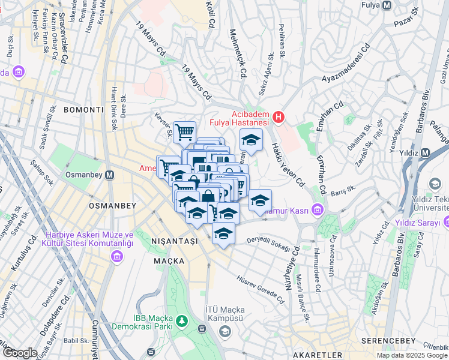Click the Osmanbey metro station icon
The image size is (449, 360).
tap(110, 176)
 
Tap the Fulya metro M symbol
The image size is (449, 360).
tap(387, 5)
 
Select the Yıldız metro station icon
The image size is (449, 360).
tap(425, 152)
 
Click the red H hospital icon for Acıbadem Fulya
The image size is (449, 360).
tap(278, 118)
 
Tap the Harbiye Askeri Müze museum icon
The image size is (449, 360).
tap(116, 257)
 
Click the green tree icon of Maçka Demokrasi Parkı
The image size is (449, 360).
tap(179, 325)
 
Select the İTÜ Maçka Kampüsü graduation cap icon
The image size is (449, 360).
tap(224, 331)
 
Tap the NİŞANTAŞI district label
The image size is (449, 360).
tap(173, 241)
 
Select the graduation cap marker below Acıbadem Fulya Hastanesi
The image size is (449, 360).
tap(251, 140)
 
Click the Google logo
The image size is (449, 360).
tap(19, 353)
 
